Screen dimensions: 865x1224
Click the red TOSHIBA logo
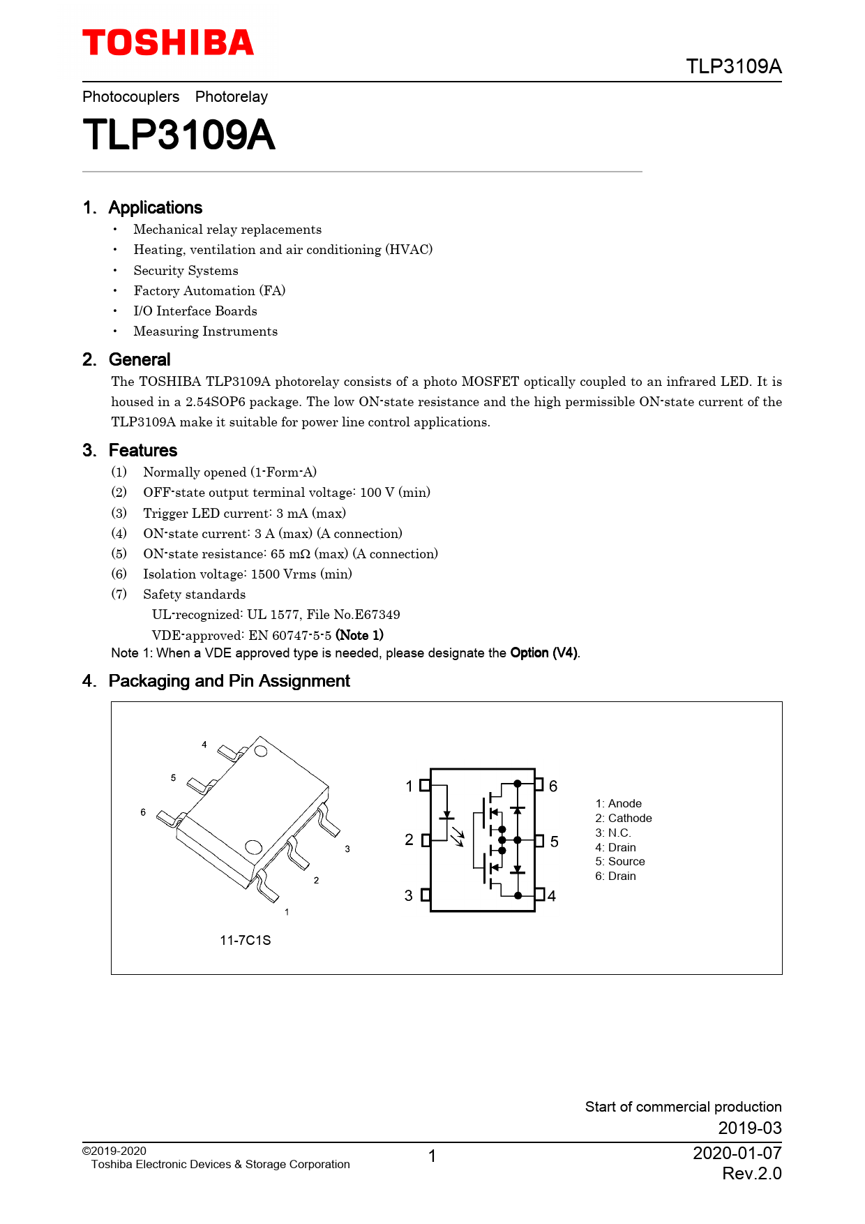point(168,43)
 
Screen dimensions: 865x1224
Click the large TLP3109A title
point(179,135)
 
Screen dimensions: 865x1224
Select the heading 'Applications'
point(156,207)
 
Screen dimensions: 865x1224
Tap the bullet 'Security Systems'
point(186,270)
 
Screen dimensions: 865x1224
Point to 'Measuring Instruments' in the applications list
point(206,331)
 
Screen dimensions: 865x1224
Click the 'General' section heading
point(140,359)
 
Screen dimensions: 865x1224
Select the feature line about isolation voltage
point(248,574)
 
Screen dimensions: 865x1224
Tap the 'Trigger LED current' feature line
point(245,513)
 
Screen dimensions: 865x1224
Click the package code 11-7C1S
point(246,940)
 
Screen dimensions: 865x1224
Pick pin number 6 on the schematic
point(553,786)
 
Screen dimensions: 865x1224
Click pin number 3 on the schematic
point(409,895)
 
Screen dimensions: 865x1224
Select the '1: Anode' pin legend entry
point(618,803)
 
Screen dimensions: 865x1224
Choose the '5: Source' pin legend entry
point(620,861)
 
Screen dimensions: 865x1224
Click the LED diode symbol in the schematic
point(447,815)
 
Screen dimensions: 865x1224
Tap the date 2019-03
point(750,1128)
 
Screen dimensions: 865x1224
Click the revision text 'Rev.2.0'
point(752,1173)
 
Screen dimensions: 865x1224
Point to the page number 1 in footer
point(433,1156)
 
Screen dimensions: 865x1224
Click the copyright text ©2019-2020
point(114,1151)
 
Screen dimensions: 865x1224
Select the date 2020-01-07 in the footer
point(737,1153)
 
